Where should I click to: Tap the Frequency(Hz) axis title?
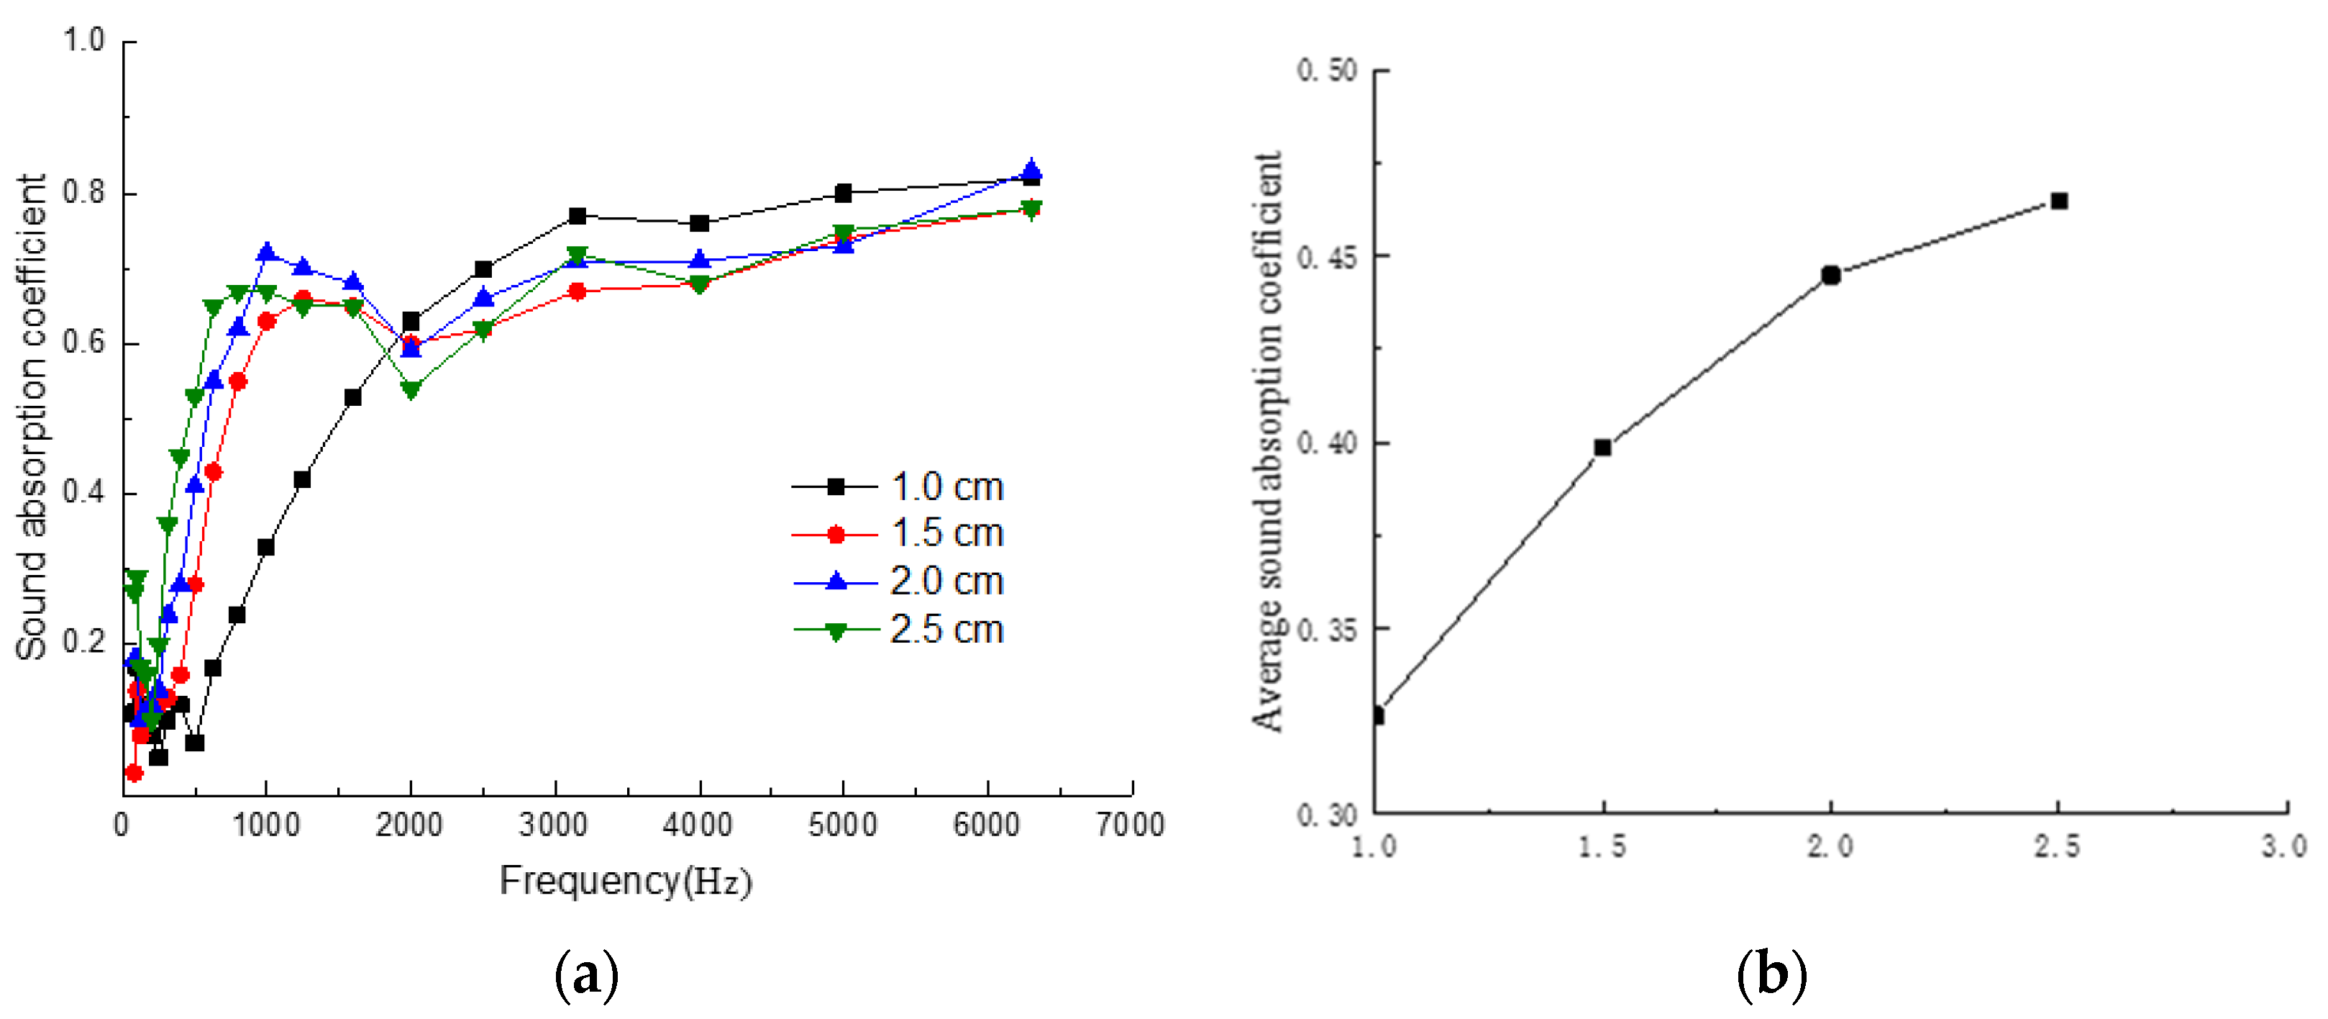pos(626,880)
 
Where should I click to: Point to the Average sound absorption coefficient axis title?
pos(1267,440)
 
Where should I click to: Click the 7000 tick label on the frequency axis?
pos(1130,825)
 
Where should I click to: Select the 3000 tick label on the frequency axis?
pos(553,825)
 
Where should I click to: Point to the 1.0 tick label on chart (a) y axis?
pos(83,41)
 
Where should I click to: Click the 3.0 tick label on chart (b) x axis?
pos(2283,846)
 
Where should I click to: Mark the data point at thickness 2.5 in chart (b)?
pos(2059,201)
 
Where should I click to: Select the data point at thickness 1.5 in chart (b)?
pos(1602,448)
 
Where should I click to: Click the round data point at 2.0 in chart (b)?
pos(1831,275)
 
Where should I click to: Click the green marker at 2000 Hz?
pos(411,391)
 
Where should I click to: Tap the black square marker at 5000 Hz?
pos(843,193)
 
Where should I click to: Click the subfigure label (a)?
pos(587,974)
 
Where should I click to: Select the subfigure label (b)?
pos(1771,974)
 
